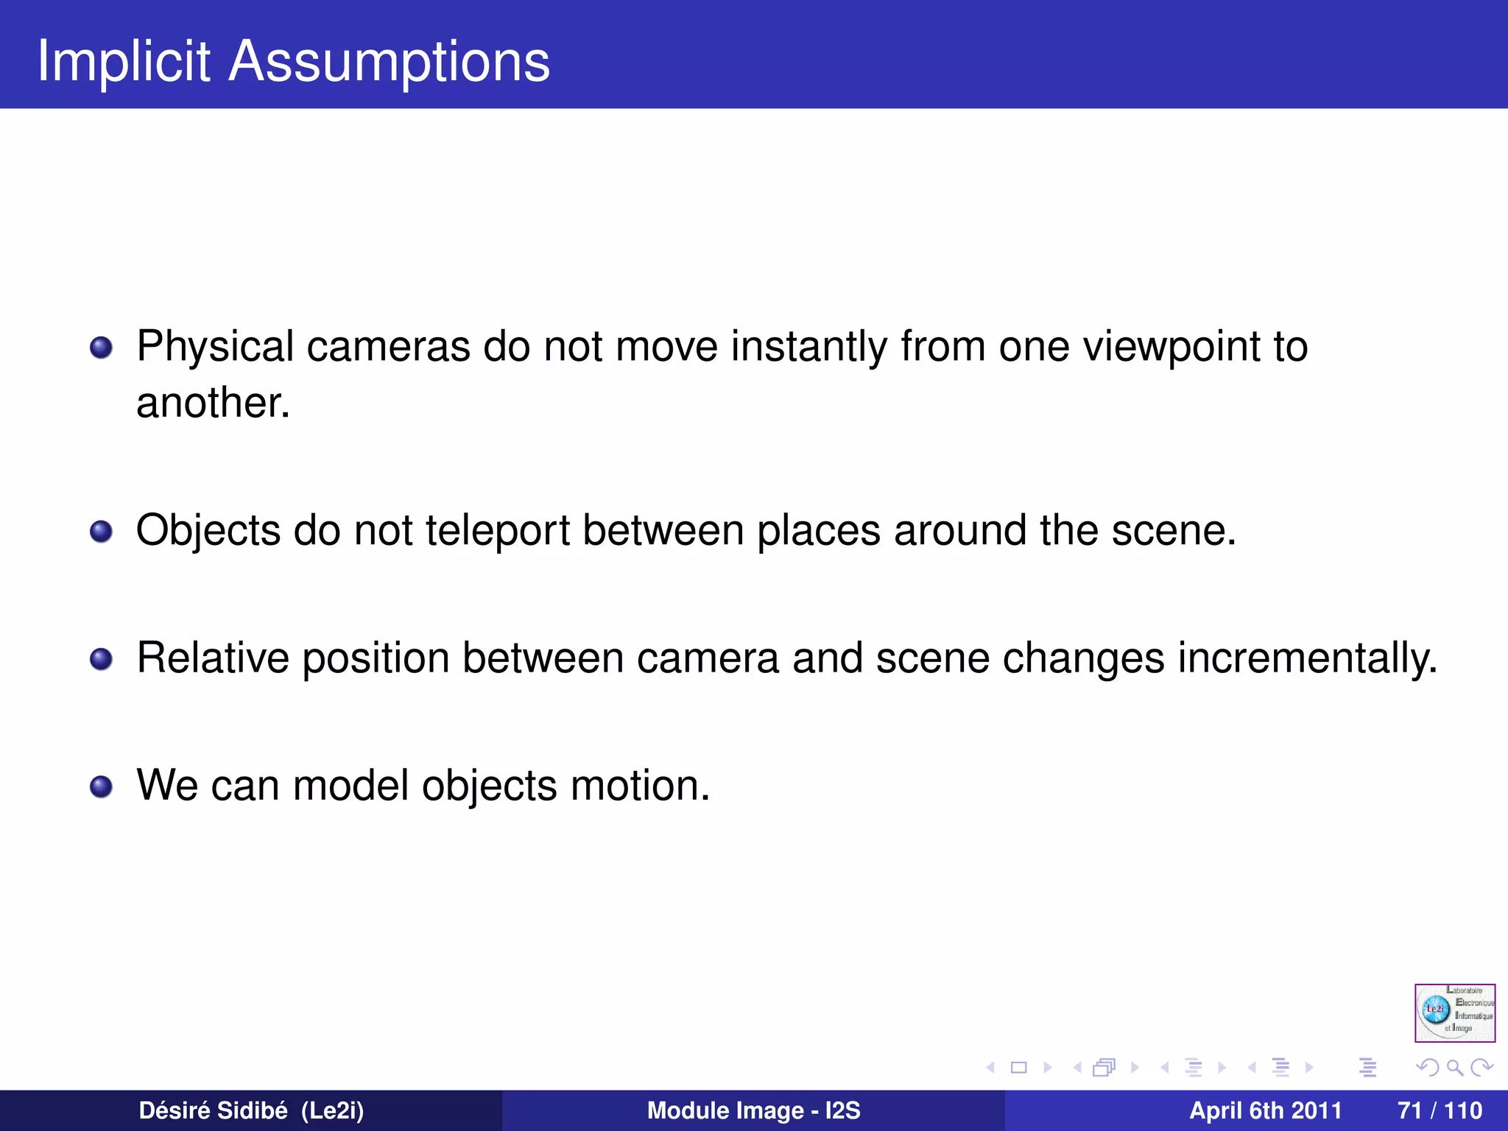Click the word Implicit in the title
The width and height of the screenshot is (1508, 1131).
[x=124, y=61]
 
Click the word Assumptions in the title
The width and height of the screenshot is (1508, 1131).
[x=389, y=61]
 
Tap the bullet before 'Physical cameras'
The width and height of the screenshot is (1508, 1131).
[x=101, y=348]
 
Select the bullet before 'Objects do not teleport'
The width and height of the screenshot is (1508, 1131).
[x=101, y=531]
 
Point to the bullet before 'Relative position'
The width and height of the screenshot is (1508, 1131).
[x=101, y=659]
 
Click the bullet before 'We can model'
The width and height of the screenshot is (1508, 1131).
[x=101, y=786]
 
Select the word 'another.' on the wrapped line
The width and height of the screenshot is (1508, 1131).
[x=213, y=403]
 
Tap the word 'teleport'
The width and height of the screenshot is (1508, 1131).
[x=498, y=530]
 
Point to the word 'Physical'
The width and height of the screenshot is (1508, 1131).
[x=215, y=346]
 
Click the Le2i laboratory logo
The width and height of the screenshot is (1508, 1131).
[x=1454, y=1012]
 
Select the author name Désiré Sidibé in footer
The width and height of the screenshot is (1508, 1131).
[x=213, y=1110]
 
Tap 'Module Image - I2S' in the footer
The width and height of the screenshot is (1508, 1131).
[x=753, y=1110]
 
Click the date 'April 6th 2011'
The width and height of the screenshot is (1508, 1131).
[x=1265, y=1110]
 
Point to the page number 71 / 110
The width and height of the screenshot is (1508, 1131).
[x=1440, y=1110]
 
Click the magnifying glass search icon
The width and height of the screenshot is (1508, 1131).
[x=1454, y=1067]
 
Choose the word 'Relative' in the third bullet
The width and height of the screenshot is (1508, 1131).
[x=213, y=658]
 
